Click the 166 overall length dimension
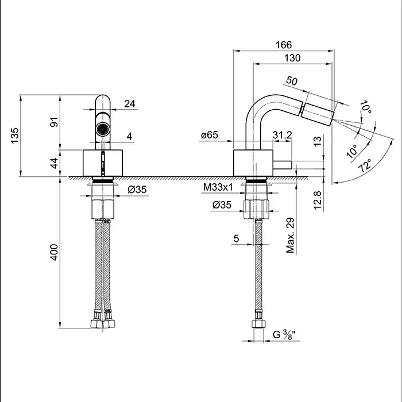click(284, 44)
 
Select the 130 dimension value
click(292, 58)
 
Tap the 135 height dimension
click(16, 135)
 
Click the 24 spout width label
click(130, 103)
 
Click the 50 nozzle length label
click(292, 82)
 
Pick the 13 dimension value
click(317, 141)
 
